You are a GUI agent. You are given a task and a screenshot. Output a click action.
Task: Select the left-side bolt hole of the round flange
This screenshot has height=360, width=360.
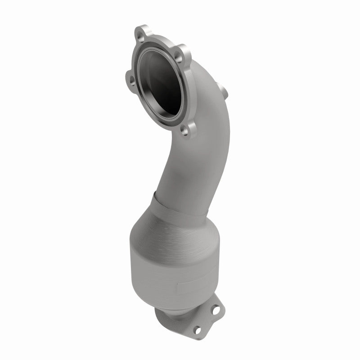click(131, 81)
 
